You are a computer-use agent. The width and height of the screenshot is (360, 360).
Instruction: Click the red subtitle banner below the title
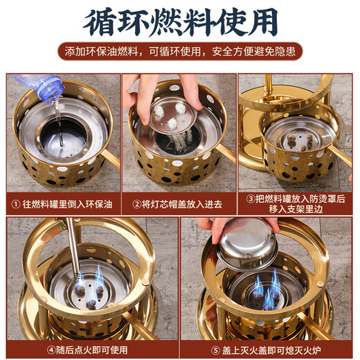pyautogui.click(x=180, y=54)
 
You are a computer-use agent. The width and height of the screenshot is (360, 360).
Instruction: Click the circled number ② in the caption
pyautogui.click(x=137, y=204)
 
